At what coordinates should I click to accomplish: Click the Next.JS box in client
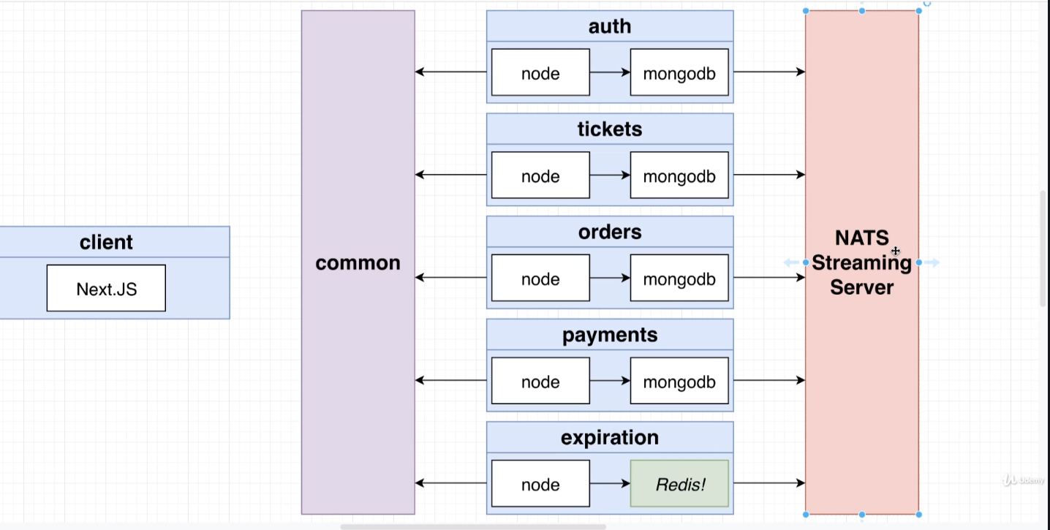coord(106,288)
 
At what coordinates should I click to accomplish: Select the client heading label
coord(106,242)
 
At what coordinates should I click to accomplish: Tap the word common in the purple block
coord(358,263)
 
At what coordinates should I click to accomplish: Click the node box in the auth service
coord(540,72)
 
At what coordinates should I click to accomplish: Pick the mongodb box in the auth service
coord(679,72)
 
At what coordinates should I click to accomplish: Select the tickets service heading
coord(610,129)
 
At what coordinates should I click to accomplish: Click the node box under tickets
coord(540,175)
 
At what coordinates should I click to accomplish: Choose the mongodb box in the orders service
coord(679,279)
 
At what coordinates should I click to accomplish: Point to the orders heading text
coord(610,232)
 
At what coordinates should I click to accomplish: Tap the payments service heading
coord(610,335)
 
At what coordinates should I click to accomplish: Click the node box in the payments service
coord(540,381)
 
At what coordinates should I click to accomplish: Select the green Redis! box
coord(679,484)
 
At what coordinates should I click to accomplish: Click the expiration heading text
coord(610,438)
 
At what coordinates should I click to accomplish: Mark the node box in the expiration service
coord(540,484)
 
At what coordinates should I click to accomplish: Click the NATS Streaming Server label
coord(861,262)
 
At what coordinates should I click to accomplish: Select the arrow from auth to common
coord(450,72)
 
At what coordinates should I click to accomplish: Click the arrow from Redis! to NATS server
coord(768,483)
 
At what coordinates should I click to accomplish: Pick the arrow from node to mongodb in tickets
coord(610,175)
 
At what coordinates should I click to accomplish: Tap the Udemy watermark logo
coord(1022,480)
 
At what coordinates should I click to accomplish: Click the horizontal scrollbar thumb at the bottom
coord(472,526)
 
